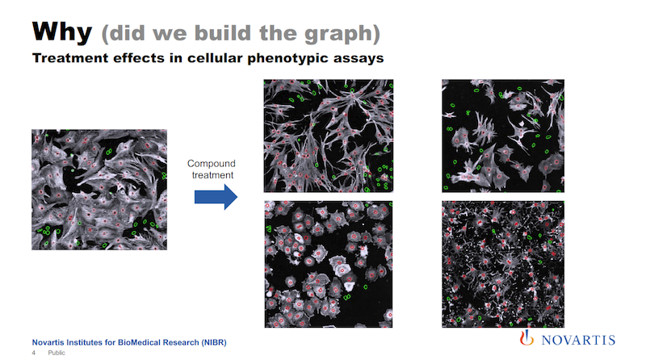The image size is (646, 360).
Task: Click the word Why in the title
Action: pos(62,32)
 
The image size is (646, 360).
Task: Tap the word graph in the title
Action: pos(338,33)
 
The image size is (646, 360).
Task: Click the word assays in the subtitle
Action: pos(358,59)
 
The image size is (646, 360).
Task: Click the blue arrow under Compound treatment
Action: pos(216,197)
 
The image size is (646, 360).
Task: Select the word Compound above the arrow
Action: pos(212,164)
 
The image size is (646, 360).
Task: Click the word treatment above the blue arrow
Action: pos(212,175)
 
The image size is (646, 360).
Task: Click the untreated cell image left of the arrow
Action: pos(99,190)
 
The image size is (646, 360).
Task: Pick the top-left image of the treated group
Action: pos(329,136)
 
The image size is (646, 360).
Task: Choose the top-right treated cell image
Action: pos(503,136)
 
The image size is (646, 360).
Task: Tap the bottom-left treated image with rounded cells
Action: pos(329,265)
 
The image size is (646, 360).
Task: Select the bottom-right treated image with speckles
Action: pos(503,265)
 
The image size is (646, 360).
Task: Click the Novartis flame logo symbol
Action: pos(526,337)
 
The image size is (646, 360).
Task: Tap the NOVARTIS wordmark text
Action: pos(578,341)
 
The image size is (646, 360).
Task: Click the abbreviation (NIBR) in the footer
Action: pos(214,342)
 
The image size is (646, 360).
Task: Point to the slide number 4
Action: pos(34,353)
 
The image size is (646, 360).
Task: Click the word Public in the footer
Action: pos(57,353)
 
